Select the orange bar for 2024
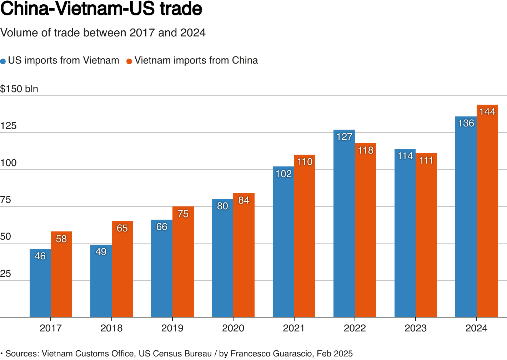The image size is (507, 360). click(487, 214)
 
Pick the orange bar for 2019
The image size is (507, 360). click(183, 264)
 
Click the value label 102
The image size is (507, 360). click(283, 174)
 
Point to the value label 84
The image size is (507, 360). click(244, 200)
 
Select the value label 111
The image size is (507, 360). click(426, 160)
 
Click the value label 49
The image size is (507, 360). click(101, 252)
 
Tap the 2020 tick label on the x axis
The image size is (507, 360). click(233, 328)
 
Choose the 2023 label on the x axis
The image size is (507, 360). click(416, 328)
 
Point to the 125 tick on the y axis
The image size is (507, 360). click(9, 126)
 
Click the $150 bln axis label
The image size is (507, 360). click(19, 89)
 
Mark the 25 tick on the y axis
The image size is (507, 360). click(6, 274)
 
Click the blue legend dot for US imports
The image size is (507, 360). click(3, 61)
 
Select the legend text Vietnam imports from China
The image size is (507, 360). click(196, 60)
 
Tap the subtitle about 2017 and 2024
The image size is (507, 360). click(103, 33)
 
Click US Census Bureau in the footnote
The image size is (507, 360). click(175, 354)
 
